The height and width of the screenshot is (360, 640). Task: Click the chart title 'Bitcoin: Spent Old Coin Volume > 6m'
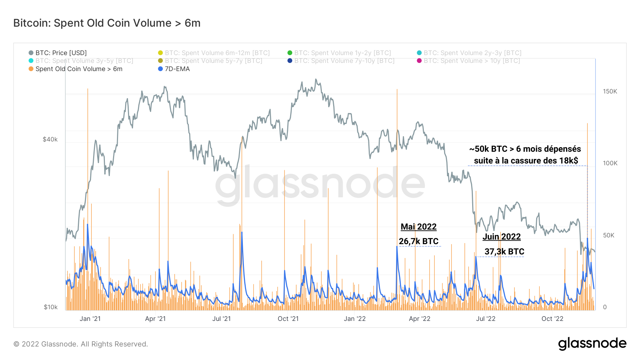coord(107,23)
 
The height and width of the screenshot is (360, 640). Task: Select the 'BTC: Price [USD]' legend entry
coord(61,53)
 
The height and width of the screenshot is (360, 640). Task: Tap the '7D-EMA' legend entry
coord(177,69)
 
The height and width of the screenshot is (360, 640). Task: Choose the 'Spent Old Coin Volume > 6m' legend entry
coord(79,69)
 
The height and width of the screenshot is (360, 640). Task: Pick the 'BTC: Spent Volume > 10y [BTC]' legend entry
coord(471,61)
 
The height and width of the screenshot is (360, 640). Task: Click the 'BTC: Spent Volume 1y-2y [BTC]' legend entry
coord(342,53)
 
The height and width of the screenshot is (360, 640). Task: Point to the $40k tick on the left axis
coord(50,139)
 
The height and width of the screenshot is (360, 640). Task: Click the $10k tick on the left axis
coord(50,307)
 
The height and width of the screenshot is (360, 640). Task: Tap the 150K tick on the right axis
coord(610,91)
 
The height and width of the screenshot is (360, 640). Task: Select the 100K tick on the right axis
coord(610,163)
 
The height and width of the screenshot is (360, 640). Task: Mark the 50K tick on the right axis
coord(608,235)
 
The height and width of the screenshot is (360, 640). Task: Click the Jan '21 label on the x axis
coord(90,319)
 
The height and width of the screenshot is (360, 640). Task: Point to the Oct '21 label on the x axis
coord(288,319)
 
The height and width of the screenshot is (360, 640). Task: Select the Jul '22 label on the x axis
coord(485,319)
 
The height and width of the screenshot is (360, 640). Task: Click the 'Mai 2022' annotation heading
coord(418,227)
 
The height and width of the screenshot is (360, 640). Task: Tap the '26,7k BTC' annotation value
coord(418,241)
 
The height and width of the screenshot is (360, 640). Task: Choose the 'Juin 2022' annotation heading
coord(501,237)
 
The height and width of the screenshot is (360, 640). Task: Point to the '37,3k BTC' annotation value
coord(504,252)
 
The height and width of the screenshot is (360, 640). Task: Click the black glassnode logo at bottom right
coord(592,344)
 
